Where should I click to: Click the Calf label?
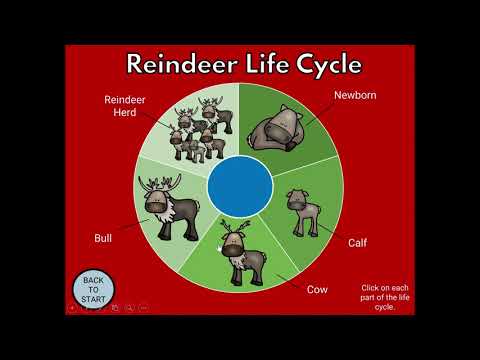click(357, 242)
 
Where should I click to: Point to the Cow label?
click(317, 289)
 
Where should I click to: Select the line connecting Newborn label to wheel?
click(320, 114)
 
